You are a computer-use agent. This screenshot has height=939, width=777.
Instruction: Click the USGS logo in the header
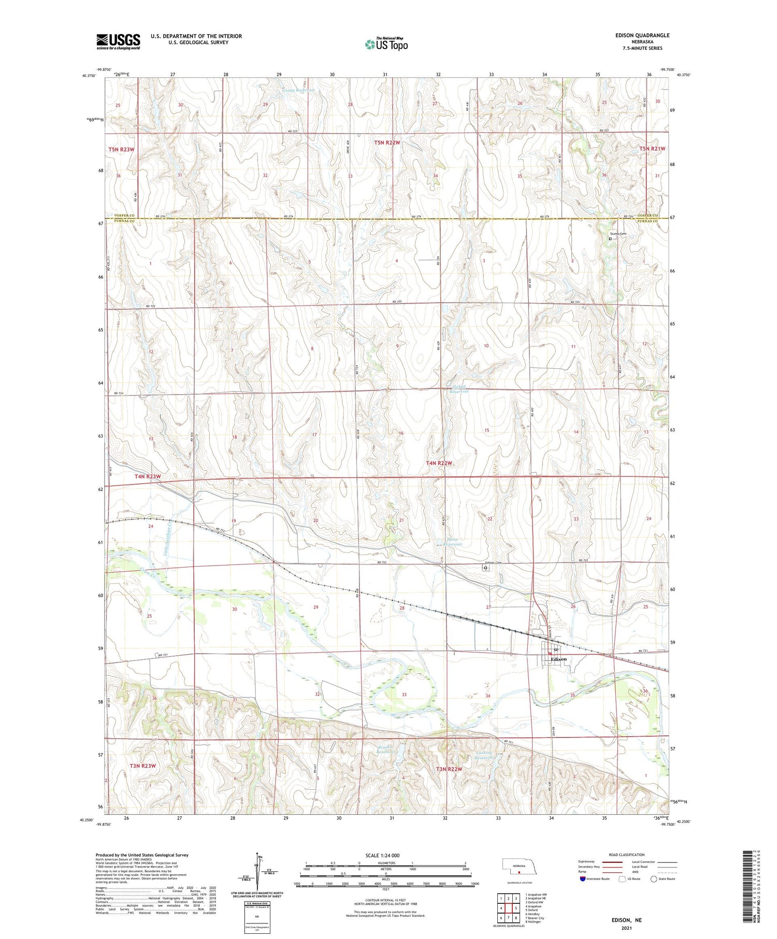tap(118, 41)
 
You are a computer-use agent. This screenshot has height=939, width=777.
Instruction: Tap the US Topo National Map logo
tap(386, 44)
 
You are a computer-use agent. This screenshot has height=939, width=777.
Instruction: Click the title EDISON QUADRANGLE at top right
tap(642, 35)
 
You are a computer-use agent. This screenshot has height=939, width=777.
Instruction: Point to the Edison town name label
tap(559, 659)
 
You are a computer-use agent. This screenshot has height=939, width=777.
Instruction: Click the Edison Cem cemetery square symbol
tap(485, 568)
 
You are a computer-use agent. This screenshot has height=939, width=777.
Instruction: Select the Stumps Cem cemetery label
tap(618, 234)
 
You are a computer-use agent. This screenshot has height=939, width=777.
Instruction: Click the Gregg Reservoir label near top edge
tap(299, 90)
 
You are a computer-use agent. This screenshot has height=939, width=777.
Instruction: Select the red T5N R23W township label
tap(121, 150)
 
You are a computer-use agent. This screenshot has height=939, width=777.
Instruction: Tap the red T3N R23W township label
tap(142, 765)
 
